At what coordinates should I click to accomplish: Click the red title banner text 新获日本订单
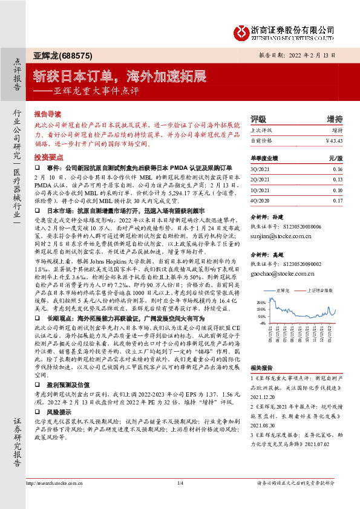[76, 76]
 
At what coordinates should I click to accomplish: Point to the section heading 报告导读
[48, 113]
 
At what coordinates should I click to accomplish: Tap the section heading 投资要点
[48, 157]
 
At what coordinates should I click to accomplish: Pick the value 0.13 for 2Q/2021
[337, 179]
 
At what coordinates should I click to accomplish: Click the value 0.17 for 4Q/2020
[337, 199]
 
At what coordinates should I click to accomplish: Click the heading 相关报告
[261, 367]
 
